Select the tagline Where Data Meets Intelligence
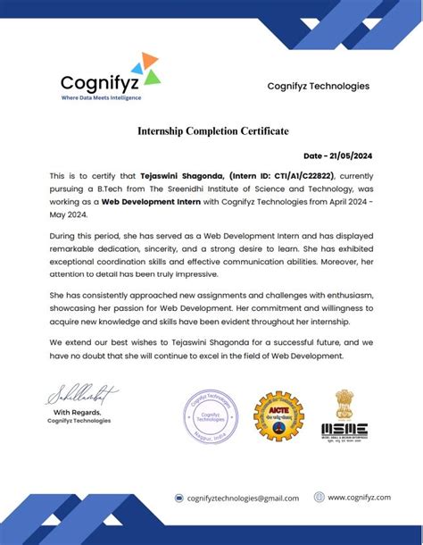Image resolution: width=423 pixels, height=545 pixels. pos(101,97)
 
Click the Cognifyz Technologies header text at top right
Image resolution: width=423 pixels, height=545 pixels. pos(318,86)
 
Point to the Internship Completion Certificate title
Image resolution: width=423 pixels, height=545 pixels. pos(212,131)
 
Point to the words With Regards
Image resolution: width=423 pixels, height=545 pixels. pos(80,412)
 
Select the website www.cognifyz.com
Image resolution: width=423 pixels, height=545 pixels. pos(360,498)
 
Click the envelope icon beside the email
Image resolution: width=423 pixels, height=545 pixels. pos(179,499)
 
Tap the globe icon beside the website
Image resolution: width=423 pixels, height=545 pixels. pos(319,498)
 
